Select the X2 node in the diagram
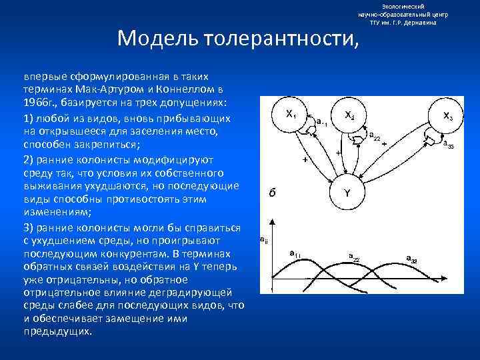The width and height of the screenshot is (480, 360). point(349,115)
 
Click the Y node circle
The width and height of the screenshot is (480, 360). point(347,193)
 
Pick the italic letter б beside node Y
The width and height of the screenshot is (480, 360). point(272,193)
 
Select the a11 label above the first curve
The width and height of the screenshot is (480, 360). point(295,254)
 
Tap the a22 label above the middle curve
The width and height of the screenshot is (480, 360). point(354,257)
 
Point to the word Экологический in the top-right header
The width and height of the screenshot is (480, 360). point(403,5)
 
